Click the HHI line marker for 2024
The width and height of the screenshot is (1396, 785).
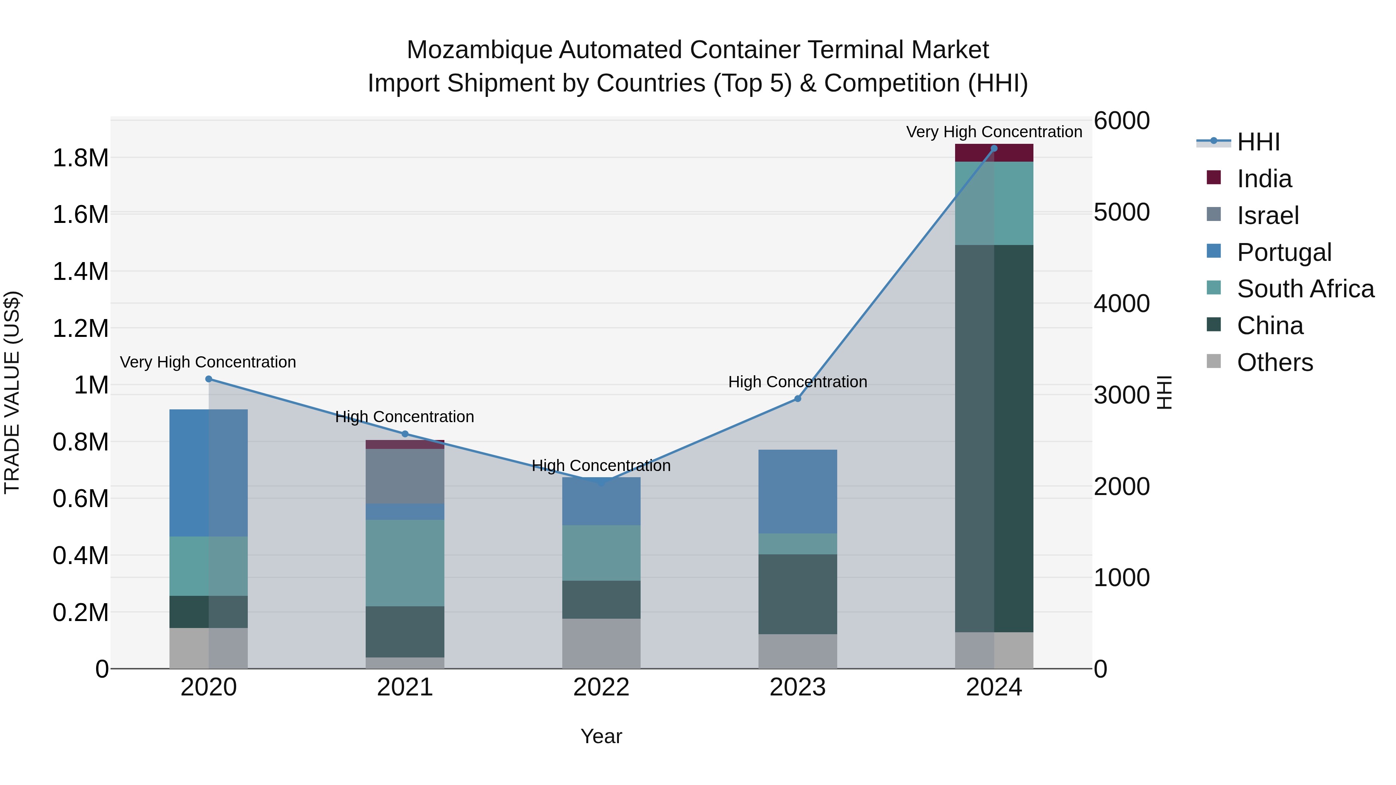(x=994, y=148)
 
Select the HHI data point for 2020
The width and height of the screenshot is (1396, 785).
(x=209, y=379)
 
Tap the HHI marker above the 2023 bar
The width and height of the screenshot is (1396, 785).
(x=797, y=399)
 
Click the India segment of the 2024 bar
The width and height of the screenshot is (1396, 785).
(x=994, y=153)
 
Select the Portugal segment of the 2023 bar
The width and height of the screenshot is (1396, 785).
(x=797, y=492)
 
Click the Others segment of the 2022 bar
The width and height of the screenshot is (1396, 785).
(x=601, y=643)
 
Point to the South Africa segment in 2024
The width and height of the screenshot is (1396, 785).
(x=994, y=203)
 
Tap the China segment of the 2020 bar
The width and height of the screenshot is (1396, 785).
(x=209, y=612)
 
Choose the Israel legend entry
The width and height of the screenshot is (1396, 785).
(x=1268, y=215)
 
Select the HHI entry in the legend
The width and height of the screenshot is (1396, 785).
(x=1258, y=142)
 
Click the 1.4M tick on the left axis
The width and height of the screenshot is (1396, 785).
(x=81, y=271)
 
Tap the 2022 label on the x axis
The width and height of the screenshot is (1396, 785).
(x=601, y=687)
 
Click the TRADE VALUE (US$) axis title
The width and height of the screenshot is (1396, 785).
(x=12, y=392)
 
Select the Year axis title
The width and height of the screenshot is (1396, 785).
(x=601, y=736)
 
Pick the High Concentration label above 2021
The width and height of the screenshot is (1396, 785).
(x=404, y=417)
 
